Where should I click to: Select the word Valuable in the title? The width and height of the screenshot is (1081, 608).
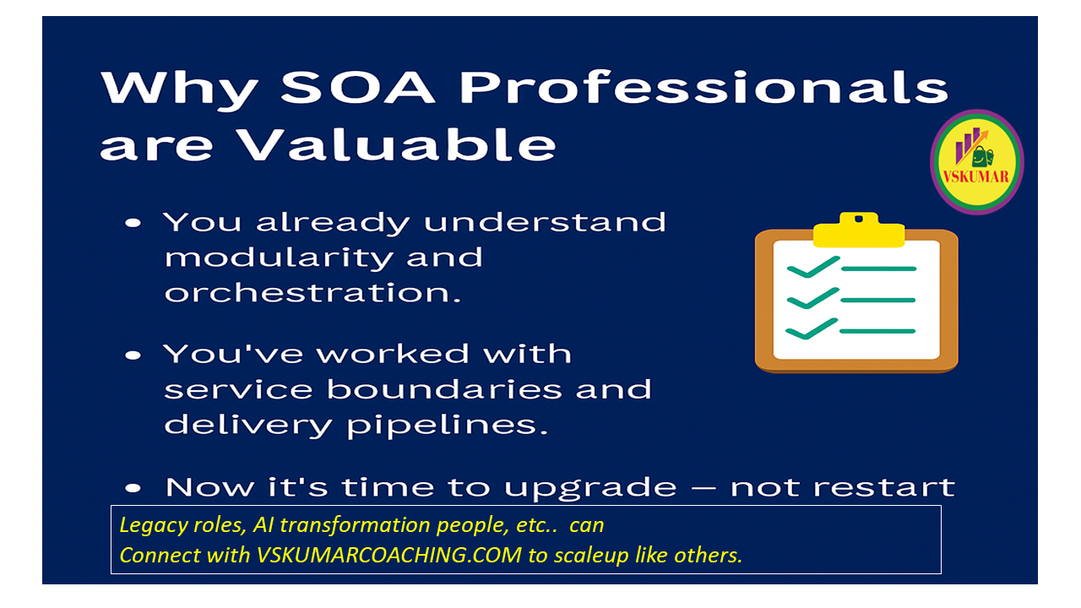pos(398,144)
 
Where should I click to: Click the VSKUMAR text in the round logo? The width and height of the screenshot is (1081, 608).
pos(975,176)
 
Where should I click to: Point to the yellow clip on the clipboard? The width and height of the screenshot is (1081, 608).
pos(859,230)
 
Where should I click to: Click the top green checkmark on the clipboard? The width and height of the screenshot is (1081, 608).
pos(813,267)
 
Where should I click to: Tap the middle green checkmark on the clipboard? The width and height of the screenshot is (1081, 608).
pos(813,298)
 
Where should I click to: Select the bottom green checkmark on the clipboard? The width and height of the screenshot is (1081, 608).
pos(812,328)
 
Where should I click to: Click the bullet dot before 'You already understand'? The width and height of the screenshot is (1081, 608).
pos(133,223)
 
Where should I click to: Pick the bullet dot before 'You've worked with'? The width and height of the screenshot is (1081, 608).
pos(133,356)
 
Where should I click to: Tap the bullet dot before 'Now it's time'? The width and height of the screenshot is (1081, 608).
pos(133,488)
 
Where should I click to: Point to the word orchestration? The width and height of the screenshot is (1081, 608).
pos(312,293)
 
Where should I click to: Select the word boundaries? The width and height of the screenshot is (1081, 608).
pos(444,389)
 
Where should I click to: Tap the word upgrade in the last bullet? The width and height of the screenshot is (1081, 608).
pos(590,488)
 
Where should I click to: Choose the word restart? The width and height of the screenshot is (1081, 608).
pos(843,486)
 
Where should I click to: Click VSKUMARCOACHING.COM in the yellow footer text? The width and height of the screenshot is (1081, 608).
pos(389,555)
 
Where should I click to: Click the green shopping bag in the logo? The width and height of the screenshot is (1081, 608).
pos(981,156)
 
